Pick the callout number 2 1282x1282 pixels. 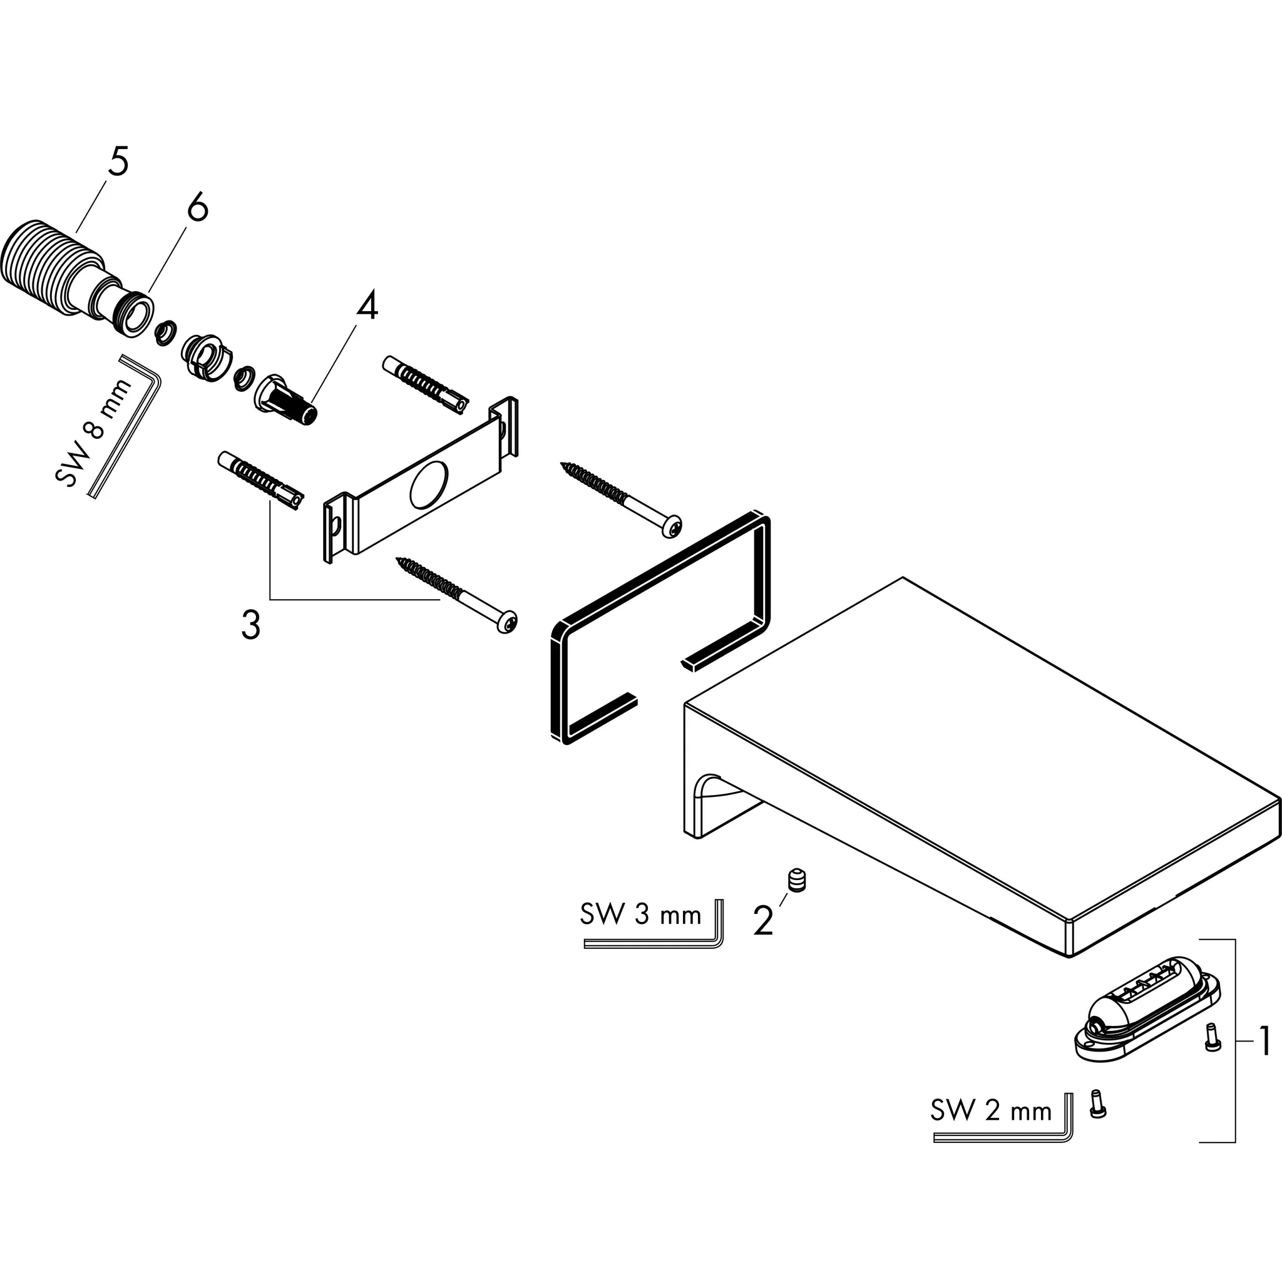pyautogui.click(x=763, y=920)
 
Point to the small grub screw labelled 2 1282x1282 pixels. pyautogui.click(x=796, y=881)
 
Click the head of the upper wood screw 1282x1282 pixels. pyautogui.click(x=672, y=526)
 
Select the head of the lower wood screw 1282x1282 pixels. pyautogui.click(x=508, y=622)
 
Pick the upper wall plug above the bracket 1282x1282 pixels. pyautogui.click(x=425, y=385)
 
